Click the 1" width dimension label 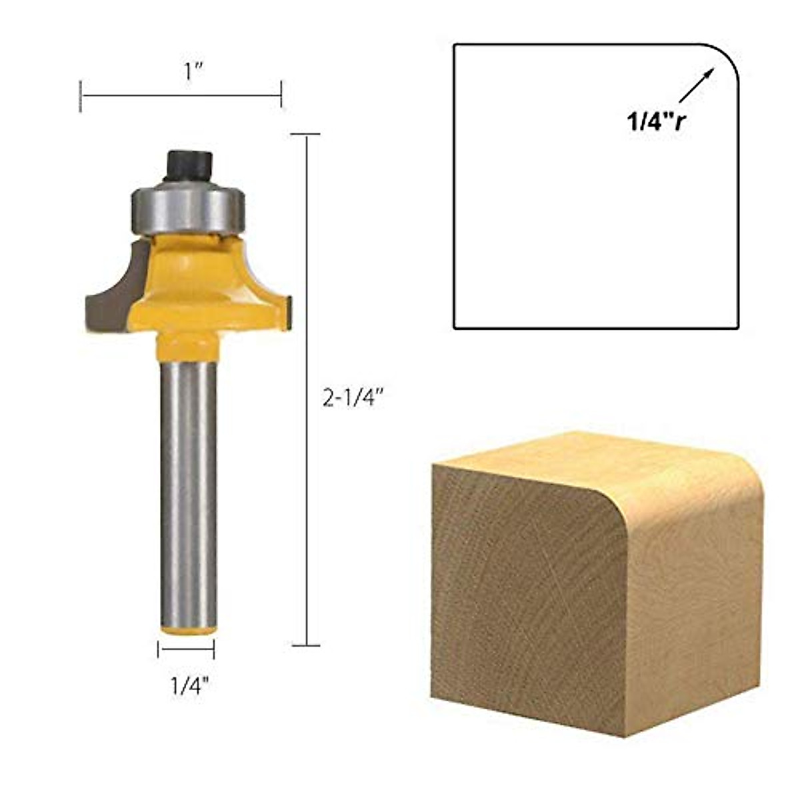[x=194, y=71]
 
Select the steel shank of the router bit [x=189, y=493]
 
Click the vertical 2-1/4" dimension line [x=307, y=390]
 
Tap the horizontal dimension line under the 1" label [x=181, y=95]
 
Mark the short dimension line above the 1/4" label [x=186, y=649]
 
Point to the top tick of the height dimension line [x=307, y=135]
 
